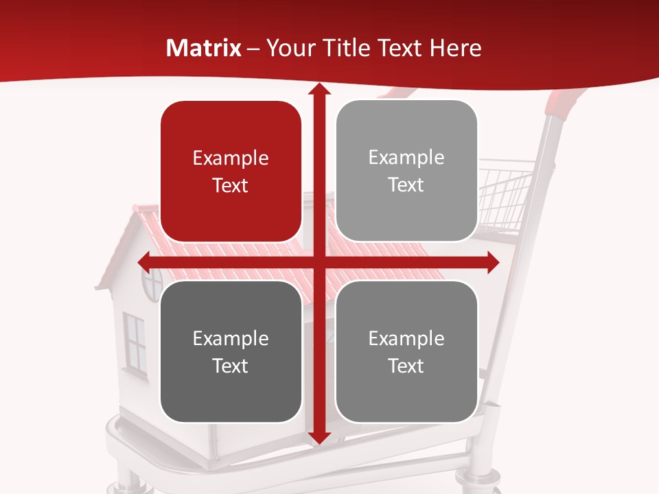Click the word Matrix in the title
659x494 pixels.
click(204, 48)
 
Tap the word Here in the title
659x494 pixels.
click(455, 48)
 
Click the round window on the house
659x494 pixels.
click(152, 283)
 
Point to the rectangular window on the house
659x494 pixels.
click(136, 344)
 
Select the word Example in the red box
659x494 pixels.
click(231, 158)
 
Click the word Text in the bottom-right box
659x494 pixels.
click(406, 366)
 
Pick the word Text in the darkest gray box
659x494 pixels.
click(231, 366)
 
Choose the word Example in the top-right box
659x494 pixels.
click(406, 158)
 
